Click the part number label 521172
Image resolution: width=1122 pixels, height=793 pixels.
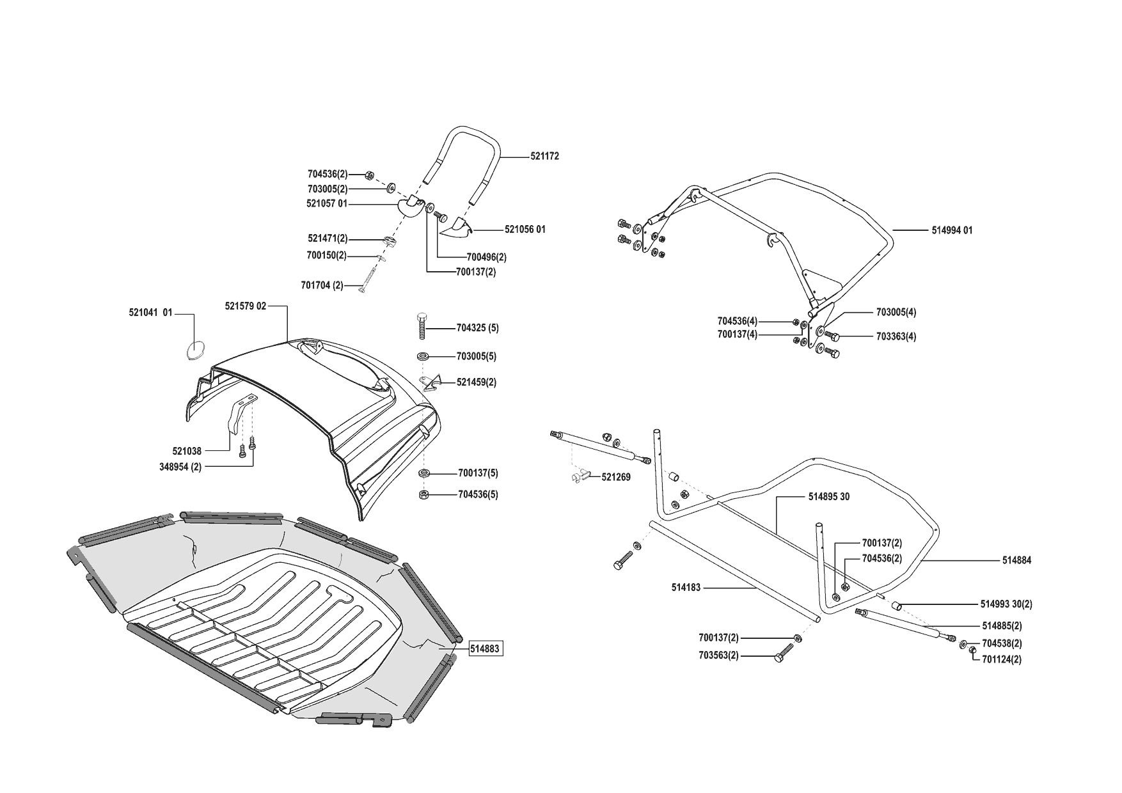pyautogui.click(x=544, y=156)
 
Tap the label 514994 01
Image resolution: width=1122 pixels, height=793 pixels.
pyautogui.click(x=952, y=230)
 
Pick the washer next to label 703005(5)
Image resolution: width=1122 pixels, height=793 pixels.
pyautogui.click(x=424, y=356)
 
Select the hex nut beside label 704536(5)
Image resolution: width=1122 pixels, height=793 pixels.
pyautogui.click(x=424, y=494)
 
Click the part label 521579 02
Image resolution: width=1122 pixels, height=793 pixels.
pyautogui.click(x=245, y=306)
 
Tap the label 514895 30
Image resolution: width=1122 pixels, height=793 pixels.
pyautogui.click(x=829, y=497)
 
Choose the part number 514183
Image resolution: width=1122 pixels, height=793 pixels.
pyautogui.click(x=686, y=586)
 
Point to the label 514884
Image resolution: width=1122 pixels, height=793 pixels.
pyautogui.click(x=1016, y=560)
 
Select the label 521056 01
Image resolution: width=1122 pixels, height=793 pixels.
pyautogui.click(x=525, y=229)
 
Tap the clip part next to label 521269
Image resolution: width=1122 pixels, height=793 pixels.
pyautogui.click(x=578, y=476)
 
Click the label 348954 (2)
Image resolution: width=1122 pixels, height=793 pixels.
pyautogui.click(x=180, y=467)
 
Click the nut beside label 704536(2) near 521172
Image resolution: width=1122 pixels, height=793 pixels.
pyautogui.click(x=370, y=174)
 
